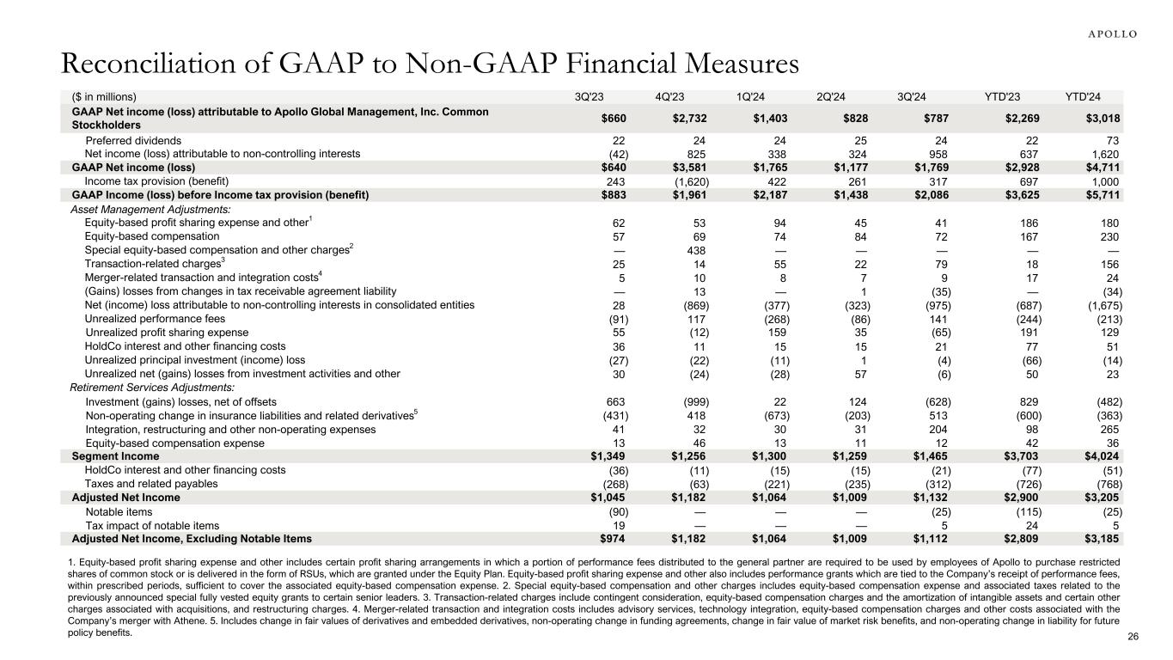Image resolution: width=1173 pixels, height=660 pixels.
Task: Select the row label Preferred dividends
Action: click(133, 139)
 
